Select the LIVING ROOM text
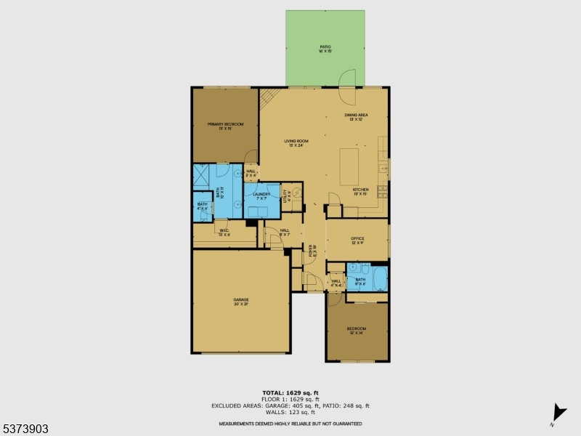click(296, 142)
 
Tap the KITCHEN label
click(361, 191)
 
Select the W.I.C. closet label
click(224, 233)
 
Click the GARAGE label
click(241, 301)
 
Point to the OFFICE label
click(357, 241)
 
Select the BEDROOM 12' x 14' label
click(357, 331)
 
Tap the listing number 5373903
click(25, 429)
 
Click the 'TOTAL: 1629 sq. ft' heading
click(290, 393)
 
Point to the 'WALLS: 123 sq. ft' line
click(290, 412)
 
